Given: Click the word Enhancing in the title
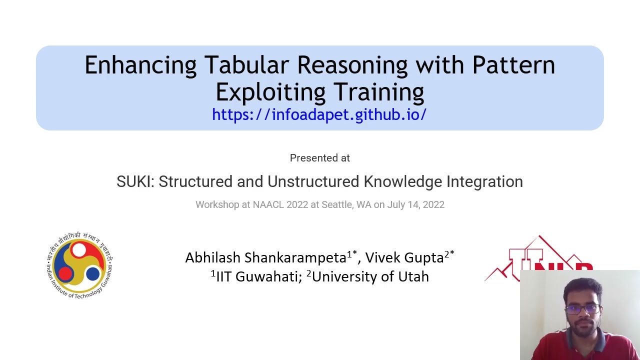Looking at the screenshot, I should (140, 65).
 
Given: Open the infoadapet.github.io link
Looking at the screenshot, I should (319, 114).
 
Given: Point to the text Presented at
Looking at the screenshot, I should (319, 158).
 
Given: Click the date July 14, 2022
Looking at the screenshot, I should (416, 204).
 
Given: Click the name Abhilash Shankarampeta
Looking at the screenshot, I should (265, 257).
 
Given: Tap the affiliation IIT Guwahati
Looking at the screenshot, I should (258, 276).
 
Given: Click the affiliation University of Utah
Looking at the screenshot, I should (370, 276).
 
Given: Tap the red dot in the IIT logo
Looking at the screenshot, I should (66, 273).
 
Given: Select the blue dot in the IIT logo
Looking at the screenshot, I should (92, 273).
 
